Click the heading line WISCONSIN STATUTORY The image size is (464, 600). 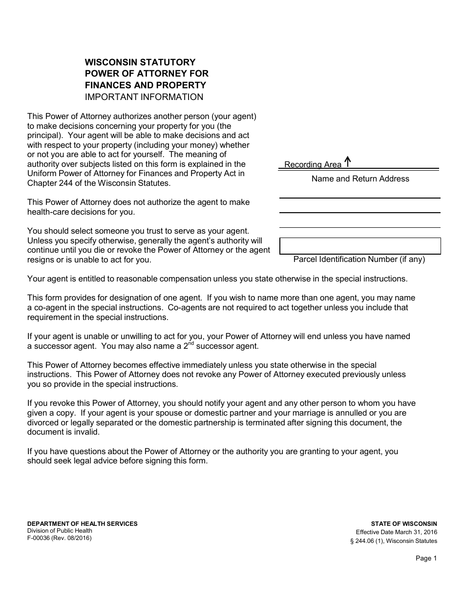(140, 62)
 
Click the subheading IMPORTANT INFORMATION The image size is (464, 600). (144, 97)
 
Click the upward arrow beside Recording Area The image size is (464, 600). (347, 161)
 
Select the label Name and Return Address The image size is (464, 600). (360, 179)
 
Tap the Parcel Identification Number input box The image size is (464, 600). (360, 246)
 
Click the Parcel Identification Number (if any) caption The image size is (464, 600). (359, 260)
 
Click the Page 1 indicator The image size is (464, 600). (426, 559)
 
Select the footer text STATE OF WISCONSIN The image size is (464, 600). (404, 524)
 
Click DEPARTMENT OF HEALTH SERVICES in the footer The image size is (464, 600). (83, 524)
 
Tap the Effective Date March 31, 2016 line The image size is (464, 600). (396, 532)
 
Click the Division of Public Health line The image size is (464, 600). (60, 531)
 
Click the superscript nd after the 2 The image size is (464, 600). (190, 344)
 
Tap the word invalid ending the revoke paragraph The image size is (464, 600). (88, 432)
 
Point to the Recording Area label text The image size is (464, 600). (313, 165)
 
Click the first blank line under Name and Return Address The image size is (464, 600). (359, 197)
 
